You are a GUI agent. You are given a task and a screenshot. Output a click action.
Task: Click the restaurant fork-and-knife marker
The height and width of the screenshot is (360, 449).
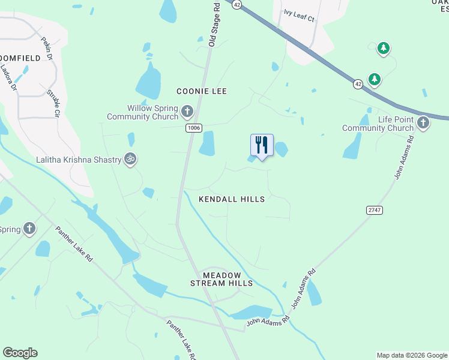click(x=262, y=145)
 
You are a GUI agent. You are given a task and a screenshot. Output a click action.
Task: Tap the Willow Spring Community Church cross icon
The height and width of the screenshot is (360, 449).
click(x=187, y=111)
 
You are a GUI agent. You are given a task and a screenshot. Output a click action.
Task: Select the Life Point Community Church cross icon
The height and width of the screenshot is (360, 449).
click(x=423, y=123)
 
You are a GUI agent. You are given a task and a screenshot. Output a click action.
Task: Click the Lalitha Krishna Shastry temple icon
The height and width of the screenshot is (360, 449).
click(x=130, y=159)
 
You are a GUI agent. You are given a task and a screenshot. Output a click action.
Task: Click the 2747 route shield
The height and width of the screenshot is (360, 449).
click(x=375, y=209)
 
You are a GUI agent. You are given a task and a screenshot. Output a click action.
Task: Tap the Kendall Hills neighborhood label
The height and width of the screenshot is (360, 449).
click(x=232, y=199)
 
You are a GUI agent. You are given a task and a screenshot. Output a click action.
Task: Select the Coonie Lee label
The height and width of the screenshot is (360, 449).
click(x=202, y=91)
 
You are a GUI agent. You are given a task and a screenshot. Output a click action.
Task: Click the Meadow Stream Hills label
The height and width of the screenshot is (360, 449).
click(x=221, y=279)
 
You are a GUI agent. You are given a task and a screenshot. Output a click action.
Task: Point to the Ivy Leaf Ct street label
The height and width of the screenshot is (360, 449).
click(x=300, y=19)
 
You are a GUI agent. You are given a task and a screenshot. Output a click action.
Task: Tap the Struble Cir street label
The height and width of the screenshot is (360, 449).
click(x=53, y=104)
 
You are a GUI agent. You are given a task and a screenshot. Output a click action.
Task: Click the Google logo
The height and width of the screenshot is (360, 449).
click(x=20, y=353)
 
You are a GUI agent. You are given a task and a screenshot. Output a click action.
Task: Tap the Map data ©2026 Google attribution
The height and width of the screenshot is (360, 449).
click(x=412, y=355)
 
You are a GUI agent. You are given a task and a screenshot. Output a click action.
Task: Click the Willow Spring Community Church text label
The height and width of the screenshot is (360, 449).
click(x=143, y=112)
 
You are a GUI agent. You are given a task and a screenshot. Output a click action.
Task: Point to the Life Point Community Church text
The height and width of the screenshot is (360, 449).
click(x=378, y=124)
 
